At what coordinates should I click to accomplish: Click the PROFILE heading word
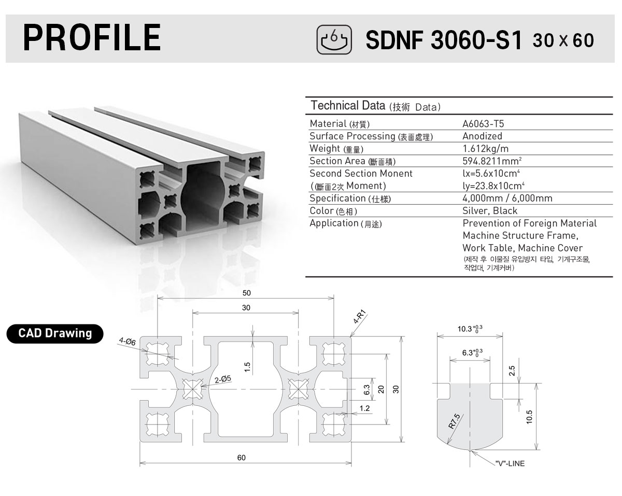(x=92, y=37)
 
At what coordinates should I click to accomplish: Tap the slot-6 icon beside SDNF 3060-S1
(x=334, y=39)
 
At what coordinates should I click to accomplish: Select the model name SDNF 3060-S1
(x=444, y=40)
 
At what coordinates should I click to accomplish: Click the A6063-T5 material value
(x=483, y=124)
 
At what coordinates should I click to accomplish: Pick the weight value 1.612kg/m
(x=485, y=149)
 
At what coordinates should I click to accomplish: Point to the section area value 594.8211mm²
(x=492, y=161)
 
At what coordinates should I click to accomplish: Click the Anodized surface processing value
(x=482, y=136)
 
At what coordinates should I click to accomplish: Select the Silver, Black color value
(x=490, y=211)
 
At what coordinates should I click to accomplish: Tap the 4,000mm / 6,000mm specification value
(x=507, y=199)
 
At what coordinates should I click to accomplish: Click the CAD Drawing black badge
(x=55, y=334)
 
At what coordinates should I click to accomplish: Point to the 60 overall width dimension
(x=242, y=458)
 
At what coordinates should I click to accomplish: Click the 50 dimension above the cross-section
(x=247, y=293)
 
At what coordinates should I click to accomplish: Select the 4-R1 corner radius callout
(x=360, y=317)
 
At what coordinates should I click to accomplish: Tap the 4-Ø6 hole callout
(x=127, y=342)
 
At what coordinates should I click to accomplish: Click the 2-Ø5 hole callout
(x=223, y=379)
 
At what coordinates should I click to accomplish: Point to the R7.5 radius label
(x=454, y=421)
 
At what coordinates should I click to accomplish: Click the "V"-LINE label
(x=510, y=463)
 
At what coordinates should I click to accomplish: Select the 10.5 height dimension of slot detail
(x=529, y=417)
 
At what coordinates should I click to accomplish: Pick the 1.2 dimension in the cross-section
(x=364, y=408)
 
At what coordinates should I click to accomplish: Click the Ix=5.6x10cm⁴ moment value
(x=491, y=174)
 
